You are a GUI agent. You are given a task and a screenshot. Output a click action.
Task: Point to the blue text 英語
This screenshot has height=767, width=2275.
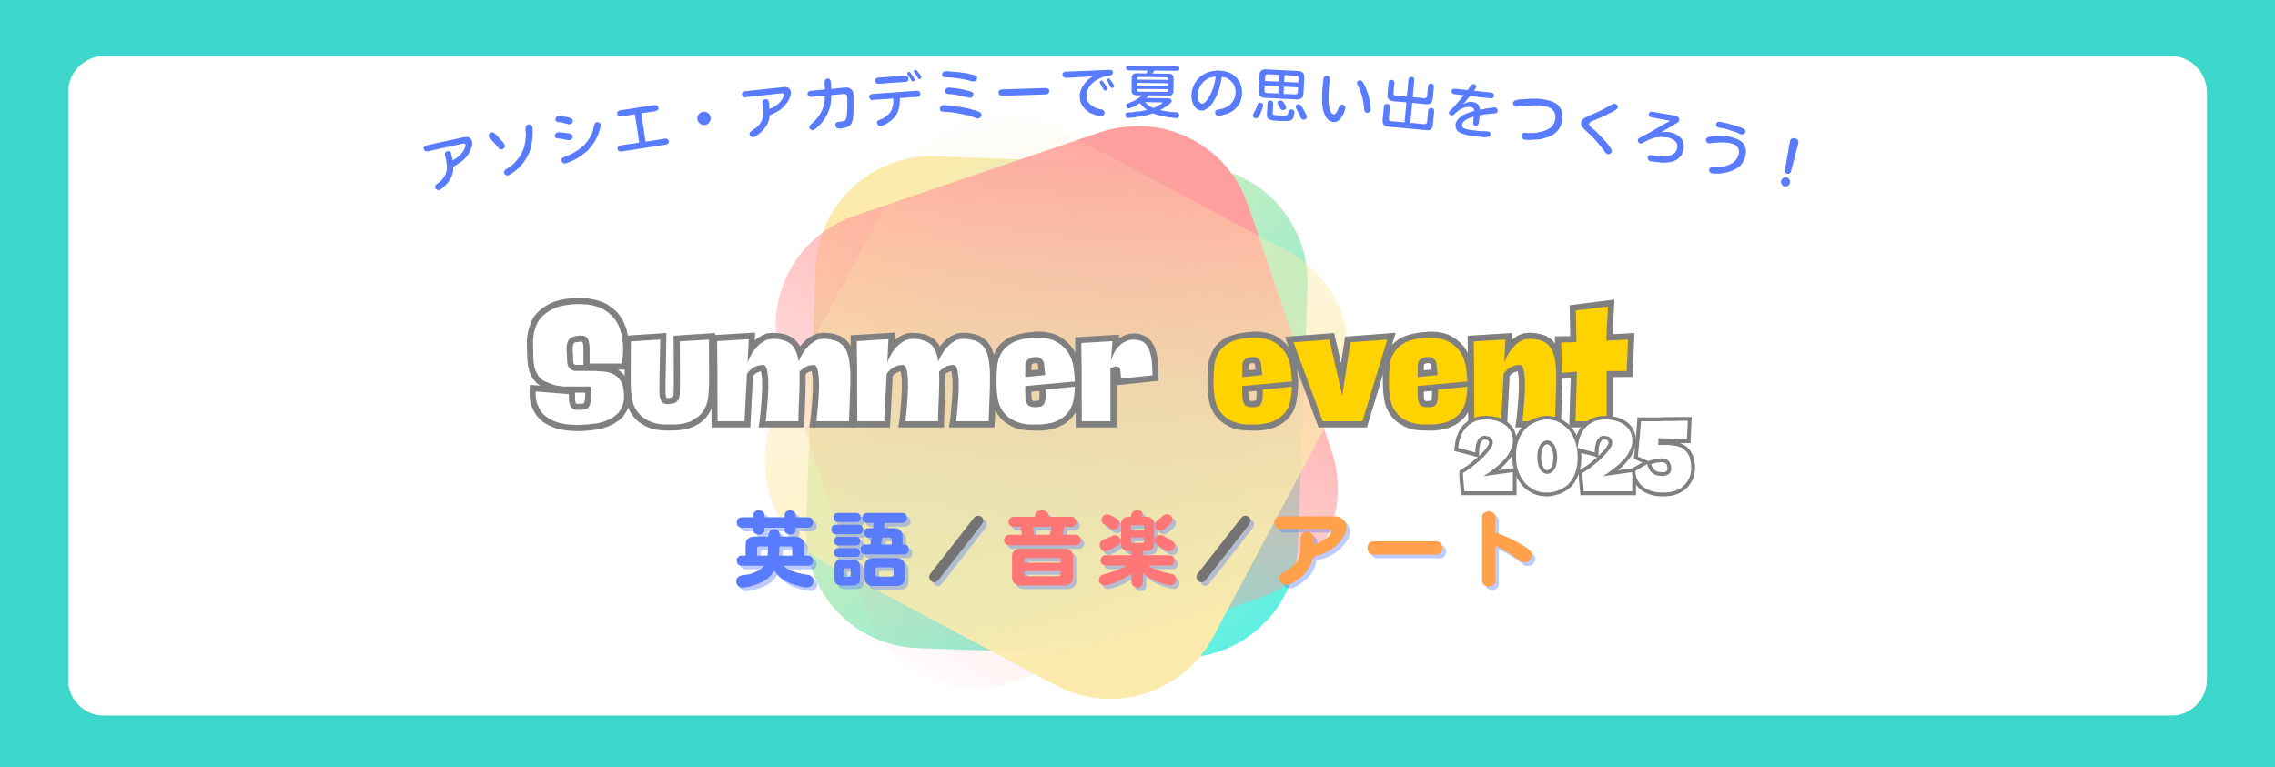point(823,550)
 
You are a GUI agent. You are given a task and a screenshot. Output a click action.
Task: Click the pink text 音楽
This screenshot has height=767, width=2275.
point(1092,550)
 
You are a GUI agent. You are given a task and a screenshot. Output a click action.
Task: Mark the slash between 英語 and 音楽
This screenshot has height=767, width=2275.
point(957,550)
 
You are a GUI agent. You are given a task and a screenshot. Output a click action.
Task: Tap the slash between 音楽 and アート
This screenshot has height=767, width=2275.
point(1225,550)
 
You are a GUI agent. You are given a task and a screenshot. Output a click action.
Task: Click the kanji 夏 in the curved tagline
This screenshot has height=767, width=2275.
point(1152,92)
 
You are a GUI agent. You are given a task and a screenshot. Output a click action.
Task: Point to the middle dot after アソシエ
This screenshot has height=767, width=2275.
point(703,118)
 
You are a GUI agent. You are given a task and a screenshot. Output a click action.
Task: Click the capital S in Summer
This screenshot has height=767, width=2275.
point(579,365)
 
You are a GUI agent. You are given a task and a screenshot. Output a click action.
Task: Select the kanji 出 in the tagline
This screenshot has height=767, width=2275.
point(1409,105)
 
